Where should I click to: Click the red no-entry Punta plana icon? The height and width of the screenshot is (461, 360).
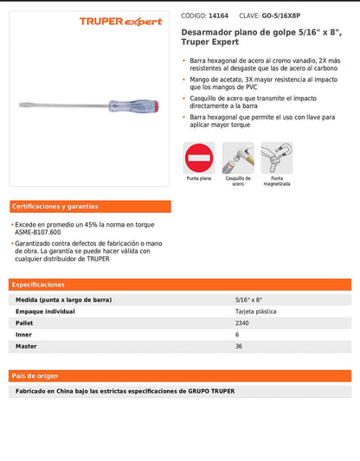pos(199,158)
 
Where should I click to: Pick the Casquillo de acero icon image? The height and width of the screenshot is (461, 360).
pos(238,158)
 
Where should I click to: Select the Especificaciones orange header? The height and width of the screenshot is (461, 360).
pos(38,285)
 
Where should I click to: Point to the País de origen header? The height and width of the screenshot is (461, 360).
pos(36,376)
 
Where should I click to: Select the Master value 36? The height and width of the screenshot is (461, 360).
pos(239,347)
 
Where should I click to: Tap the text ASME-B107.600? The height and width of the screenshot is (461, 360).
pos(39,232)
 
